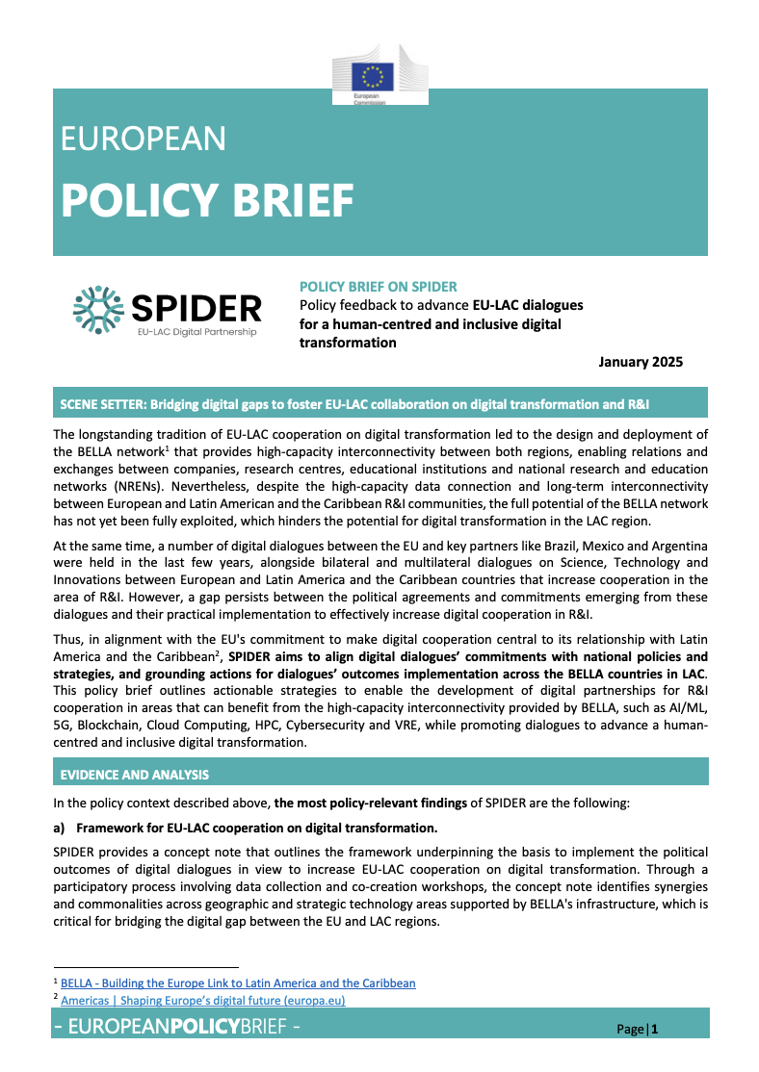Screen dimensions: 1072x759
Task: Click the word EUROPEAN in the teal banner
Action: (x=144, y=140)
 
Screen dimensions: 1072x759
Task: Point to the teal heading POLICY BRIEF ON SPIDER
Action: (x=379, y=287)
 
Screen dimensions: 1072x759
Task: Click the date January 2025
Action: (x=640, y=362)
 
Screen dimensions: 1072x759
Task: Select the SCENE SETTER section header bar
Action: (x=379, y=402)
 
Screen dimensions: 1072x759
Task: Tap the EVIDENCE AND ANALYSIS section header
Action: (x=134, y=774)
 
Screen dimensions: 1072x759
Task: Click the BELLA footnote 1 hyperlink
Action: (x=238, y=983)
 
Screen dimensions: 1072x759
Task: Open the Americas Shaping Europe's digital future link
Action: (x=202, y=1001)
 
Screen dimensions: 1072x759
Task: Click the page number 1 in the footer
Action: (x=655, y=1030)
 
